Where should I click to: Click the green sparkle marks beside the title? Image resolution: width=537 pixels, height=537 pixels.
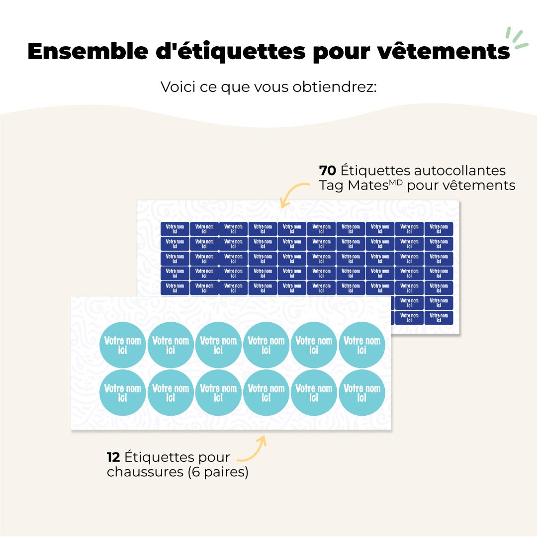point(516,39)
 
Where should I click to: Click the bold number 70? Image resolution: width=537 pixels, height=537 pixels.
point(328,171)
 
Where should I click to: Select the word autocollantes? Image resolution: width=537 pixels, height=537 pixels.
point(466,171)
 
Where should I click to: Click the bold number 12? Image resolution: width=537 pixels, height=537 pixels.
point(113,457)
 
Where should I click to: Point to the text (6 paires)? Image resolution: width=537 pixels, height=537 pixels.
point(218,471)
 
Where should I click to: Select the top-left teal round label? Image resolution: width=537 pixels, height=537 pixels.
point(123,345)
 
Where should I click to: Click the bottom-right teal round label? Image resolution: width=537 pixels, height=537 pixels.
point(362,393)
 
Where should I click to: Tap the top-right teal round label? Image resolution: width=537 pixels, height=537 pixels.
point(362,345)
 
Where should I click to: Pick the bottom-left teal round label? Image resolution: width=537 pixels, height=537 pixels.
point(123,393)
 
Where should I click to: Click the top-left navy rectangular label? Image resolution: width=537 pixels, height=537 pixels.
point(175,229)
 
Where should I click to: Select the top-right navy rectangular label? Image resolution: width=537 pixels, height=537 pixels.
point(439,229)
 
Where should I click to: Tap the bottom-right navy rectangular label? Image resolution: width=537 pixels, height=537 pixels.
point(439,317)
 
